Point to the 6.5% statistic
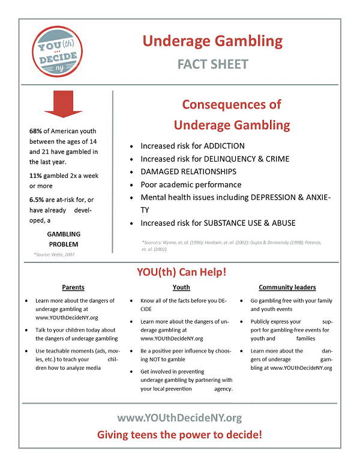pos(38,199)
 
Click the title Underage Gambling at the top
pos(212,41)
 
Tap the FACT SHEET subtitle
pos(212,64)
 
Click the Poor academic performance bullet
pos(191,185)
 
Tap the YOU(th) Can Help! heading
pos(180,272)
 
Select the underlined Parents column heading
pos(73,288)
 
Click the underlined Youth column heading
pos(181,288)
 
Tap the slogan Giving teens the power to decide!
pos(179,435)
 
